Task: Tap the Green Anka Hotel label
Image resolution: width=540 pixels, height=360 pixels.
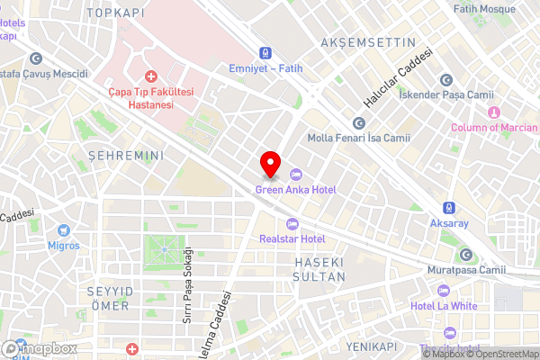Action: [x=296, y=189]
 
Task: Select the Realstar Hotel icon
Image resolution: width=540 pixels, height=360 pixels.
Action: [x=291, y=224]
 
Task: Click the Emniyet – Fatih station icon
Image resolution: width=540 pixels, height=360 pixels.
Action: [x=265, y=53]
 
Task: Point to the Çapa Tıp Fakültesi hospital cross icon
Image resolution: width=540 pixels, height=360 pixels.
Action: [x=151, y=78]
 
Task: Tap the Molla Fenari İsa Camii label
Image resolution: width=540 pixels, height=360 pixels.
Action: [x=358, y=138]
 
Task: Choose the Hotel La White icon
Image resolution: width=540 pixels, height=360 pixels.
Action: [x=443, y=292]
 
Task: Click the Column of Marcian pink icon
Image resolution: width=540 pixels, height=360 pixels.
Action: [x=493, y=112]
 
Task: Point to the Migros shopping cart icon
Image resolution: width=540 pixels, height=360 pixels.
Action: [x=64, y=230]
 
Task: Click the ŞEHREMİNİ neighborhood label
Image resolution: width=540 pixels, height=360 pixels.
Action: [x=125, y=156]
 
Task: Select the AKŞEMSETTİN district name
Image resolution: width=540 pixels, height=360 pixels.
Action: [x=368, y=42]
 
